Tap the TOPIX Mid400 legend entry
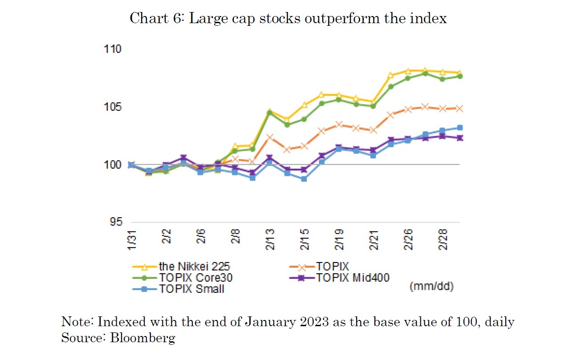coord(353,278)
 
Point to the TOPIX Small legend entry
coord(191,289)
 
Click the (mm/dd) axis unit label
coord(431,287)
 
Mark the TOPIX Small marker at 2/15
coord(304,179)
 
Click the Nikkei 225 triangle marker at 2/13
coord(269,111)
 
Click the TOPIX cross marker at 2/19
coord(339,124)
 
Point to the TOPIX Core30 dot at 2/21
coord(374,106)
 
